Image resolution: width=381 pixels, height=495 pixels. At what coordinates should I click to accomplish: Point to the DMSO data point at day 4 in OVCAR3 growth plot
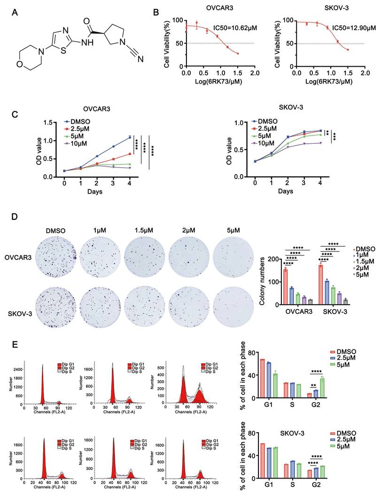pos(130,137)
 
